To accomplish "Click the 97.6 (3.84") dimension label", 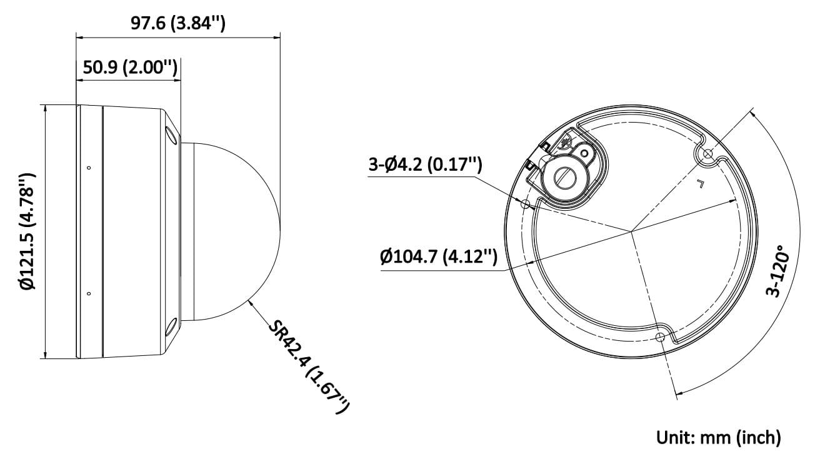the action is point(178,23).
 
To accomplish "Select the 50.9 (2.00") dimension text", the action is point(130,67).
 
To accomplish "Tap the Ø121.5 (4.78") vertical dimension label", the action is point(27,231).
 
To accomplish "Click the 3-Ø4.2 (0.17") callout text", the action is point(426,165).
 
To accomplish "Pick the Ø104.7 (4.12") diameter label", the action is point(439,256).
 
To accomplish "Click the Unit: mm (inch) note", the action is point(719,437).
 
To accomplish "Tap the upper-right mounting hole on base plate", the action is point(707,153).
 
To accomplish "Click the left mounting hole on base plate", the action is point(526,203).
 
